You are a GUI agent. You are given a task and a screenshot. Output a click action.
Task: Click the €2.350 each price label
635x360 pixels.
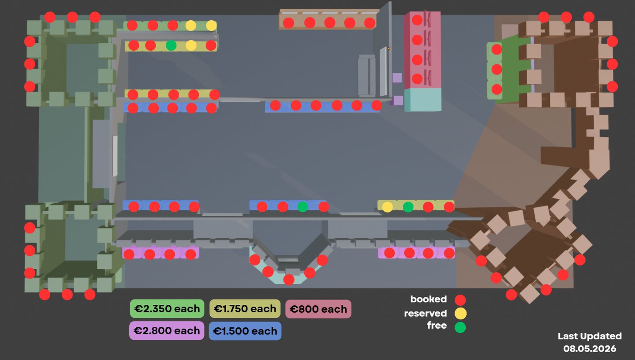coord(167,308)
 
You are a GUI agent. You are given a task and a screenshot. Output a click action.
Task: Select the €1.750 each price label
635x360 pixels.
coord(245,308)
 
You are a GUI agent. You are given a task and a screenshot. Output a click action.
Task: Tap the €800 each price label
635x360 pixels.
coord(318,309)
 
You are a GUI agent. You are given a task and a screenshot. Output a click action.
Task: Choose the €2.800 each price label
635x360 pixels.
coord(167,330)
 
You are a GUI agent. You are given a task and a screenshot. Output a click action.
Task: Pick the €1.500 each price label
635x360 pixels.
coord(245,331)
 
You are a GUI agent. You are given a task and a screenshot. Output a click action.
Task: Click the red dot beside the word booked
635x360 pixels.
coord(460,300)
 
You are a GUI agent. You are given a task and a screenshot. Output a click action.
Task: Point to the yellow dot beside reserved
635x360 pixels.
coord(460,314)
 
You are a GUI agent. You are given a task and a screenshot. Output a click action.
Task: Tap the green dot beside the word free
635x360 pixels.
coord(460,327)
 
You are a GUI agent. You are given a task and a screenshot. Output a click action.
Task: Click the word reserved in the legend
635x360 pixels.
coord(425,313)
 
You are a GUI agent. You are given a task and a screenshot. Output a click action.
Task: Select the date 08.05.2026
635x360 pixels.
coord(590,349)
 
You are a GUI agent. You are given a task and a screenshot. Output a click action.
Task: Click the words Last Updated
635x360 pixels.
coord(590,336)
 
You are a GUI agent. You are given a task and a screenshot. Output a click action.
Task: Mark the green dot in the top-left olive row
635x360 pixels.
coord(171,45)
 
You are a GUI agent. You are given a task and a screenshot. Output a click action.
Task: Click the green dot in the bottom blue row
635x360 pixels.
coord(303,206)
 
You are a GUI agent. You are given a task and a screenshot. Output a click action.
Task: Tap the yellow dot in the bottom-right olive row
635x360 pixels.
coord(388,207)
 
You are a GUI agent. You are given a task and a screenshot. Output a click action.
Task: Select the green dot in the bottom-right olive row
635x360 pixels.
coord(408,207)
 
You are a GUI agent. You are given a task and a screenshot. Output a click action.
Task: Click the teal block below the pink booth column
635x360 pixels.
coord(422,99)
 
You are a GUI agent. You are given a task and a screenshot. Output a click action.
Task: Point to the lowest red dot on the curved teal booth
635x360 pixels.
coord(289,280)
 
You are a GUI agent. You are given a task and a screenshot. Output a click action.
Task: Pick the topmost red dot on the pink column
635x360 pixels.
coord(417,20)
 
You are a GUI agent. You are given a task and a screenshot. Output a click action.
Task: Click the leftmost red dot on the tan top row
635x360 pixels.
coord(288,23)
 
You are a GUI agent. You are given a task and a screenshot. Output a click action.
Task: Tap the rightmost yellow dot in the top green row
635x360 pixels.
coord(211,26)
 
